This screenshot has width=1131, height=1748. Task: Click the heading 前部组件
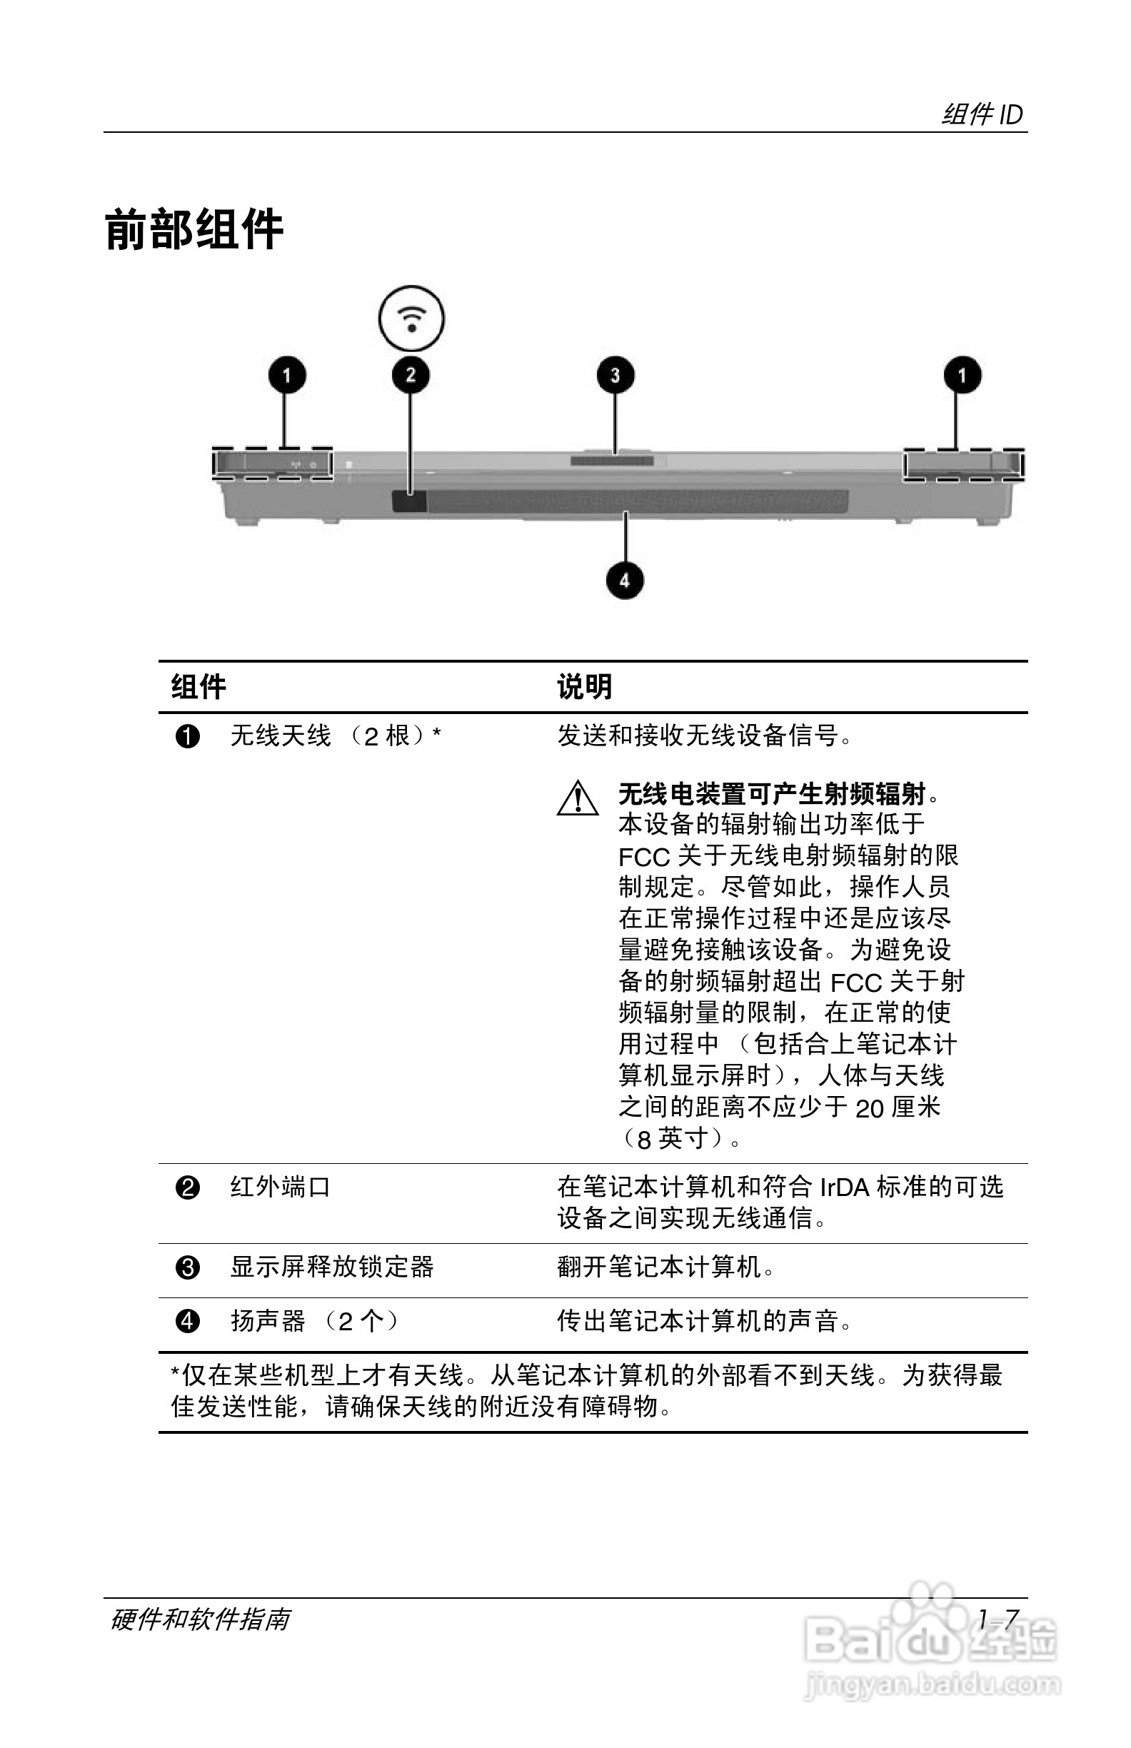(195, 230)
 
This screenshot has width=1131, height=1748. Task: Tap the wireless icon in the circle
(411, 318)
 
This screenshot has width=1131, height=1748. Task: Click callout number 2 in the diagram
(411, 376)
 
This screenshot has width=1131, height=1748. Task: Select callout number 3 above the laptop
(615, 376)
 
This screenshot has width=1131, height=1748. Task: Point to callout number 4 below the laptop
(624, 581)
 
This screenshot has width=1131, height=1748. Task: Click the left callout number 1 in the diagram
(286, 376)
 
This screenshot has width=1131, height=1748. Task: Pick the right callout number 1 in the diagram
(962, 376)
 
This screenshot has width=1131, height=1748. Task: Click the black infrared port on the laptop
(408, 502)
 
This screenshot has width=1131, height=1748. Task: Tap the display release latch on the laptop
(612, 461)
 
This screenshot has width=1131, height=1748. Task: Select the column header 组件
(198, 688)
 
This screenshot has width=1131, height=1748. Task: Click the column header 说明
(584, 688)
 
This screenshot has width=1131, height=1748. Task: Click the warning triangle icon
(578, 798)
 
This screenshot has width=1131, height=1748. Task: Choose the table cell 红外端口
(281, 1187)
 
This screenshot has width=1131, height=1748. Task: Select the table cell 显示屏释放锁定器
(332, 1267)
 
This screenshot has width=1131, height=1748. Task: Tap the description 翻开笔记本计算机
(665, 1267)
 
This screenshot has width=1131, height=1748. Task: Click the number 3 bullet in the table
(188, 1267)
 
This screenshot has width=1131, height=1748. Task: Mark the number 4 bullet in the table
(188, 1321)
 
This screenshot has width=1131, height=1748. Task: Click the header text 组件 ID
(982, 114)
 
